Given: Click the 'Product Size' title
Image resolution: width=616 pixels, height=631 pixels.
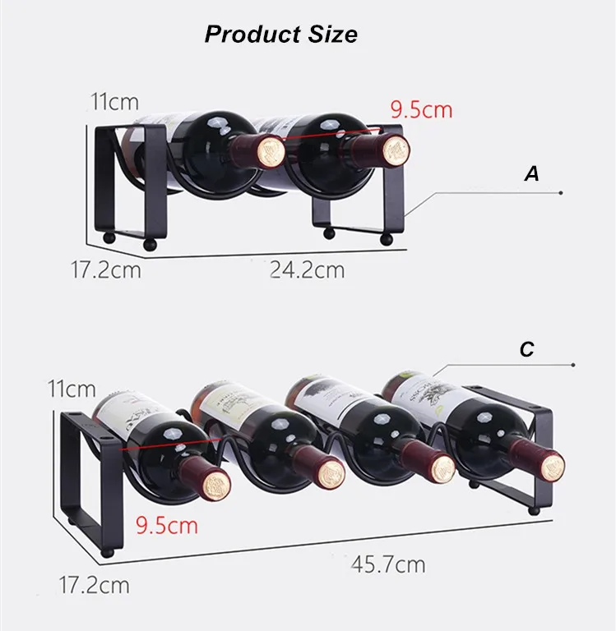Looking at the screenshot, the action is click(280, 35).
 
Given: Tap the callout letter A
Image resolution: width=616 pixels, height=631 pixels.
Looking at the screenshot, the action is click(532, 174).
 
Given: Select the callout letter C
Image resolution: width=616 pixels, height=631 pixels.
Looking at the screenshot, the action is click(527, 349).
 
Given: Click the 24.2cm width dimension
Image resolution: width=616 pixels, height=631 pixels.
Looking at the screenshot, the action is click(308, 269).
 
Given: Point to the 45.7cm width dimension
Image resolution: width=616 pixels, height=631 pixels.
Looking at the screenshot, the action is click(388, 564).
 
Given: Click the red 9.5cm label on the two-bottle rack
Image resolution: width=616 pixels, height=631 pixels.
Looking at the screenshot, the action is click(421, 109).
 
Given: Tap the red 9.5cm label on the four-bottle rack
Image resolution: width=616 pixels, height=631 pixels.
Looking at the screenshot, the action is click(167, 523).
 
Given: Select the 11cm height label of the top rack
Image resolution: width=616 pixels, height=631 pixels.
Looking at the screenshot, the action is click(114, 103).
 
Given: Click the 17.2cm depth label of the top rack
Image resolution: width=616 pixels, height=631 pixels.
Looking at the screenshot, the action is click(104, 269).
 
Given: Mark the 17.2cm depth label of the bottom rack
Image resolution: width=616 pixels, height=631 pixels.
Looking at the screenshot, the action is click(94, 585).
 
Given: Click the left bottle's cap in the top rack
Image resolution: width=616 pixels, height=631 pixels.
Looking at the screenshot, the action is click(268, 151).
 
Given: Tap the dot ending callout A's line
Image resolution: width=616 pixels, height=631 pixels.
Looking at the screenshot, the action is click(560, 192).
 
